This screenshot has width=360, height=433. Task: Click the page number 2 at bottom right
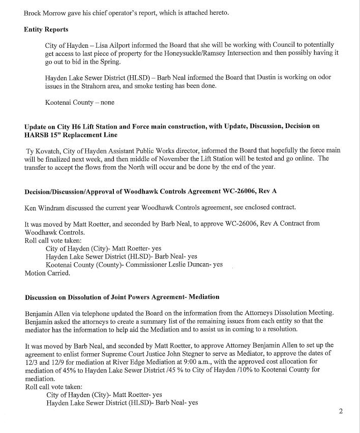click(x=341, y=411)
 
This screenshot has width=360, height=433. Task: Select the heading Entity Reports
click(x=46, y=29)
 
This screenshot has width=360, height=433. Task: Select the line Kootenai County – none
click(x=79, y=103)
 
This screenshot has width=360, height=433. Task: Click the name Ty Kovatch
click(x=45, y=151)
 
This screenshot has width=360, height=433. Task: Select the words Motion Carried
click(x=48, y=273)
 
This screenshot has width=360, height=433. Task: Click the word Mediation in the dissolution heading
click(x=203, y=297)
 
